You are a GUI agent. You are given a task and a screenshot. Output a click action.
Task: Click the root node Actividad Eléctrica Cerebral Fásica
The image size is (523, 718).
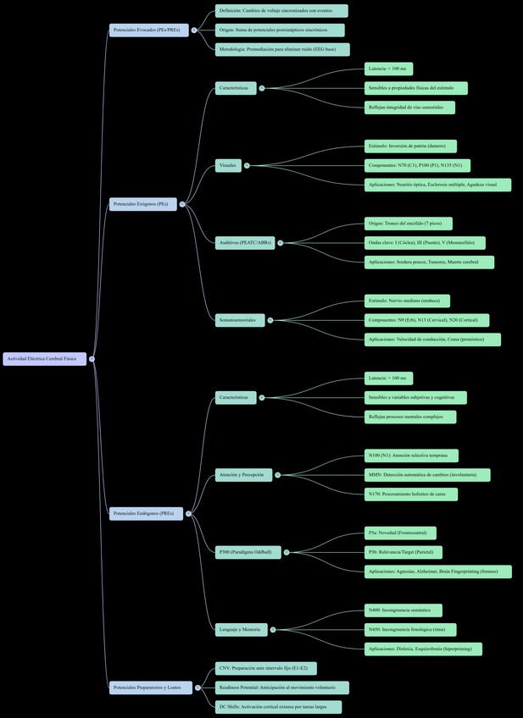tap(44, 359)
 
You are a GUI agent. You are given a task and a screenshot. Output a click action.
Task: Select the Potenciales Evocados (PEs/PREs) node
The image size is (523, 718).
tap(148, 30)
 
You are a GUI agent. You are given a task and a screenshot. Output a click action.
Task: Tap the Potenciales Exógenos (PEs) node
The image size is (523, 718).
tap(142, 204)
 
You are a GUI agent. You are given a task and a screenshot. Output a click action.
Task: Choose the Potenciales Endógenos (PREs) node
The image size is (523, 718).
tap(145, 513)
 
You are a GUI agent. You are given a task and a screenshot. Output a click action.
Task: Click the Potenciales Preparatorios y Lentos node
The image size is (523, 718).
tap(148, 688)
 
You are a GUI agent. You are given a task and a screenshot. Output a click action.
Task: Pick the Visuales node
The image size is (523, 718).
tap(228, 165)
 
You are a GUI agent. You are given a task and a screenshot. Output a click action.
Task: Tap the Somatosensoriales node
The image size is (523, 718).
tap(240, 320)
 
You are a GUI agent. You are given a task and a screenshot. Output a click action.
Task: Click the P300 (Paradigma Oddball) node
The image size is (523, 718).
tap(248, 552)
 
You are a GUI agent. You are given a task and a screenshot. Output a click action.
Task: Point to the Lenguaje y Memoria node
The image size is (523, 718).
tap(242, 629)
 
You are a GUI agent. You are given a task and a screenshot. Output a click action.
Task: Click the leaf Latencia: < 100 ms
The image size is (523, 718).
tap(388, 69)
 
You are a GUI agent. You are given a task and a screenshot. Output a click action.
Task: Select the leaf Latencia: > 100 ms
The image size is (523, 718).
tap(388, 378)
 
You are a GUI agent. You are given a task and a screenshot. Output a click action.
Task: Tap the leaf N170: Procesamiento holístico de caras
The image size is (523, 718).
tap(410, 494)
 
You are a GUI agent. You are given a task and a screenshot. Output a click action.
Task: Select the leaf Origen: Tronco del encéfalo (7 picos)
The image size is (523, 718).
tap(408, 224)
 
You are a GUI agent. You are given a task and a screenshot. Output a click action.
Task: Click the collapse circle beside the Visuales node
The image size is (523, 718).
tap(247, 165)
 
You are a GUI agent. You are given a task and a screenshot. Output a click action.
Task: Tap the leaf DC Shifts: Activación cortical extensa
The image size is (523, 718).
tap(278, 707)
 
